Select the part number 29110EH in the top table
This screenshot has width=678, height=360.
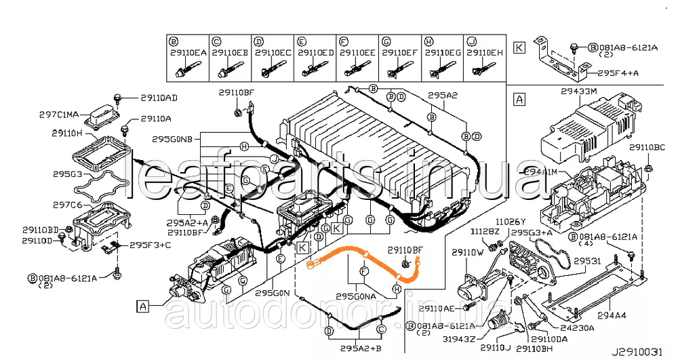pos(485,52)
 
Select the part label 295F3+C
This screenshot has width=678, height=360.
pos(151,245)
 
